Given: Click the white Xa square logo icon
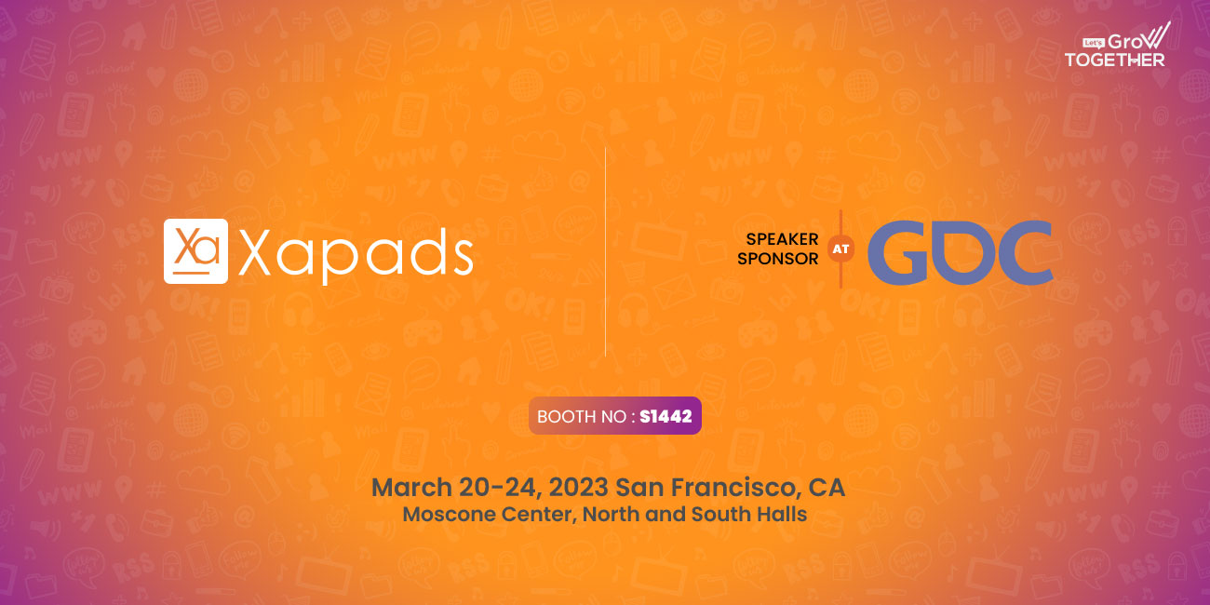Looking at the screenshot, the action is click(195, 251).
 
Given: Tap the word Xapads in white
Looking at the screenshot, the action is click(356, 255).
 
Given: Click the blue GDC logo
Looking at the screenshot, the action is click(961, 252).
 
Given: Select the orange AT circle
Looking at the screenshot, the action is click(840, 249).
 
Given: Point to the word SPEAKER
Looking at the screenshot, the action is click(782, 239).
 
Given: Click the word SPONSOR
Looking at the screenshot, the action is click(778, 259).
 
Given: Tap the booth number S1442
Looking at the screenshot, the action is click(665, 416).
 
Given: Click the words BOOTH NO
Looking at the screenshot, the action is click(582, 416).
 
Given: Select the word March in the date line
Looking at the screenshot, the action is click(411, 487).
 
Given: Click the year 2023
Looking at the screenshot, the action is click(579, 487).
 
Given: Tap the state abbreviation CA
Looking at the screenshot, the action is click(827, 487).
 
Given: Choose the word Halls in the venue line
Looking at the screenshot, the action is click(782, 514).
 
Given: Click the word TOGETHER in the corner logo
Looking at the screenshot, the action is click(1115, 60).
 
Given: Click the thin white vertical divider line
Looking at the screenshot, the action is click(606, 251).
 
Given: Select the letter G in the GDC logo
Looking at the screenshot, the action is click(897, 252).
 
